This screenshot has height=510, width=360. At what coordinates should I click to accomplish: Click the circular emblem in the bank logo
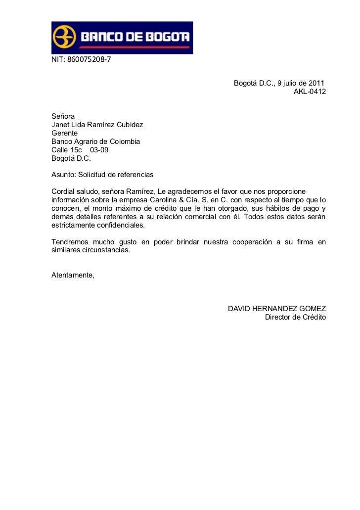(x=64, y=37)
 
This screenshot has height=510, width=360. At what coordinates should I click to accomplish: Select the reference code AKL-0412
(x=310, y=93)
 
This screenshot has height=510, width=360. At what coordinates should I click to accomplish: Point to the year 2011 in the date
(x=316, y=83)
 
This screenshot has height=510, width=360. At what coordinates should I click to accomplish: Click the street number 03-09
(x=99, y=150)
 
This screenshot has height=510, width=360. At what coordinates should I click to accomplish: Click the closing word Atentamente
(x=72, y=275)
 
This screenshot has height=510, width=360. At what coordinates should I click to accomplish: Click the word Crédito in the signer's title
(x=312, y=317)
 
